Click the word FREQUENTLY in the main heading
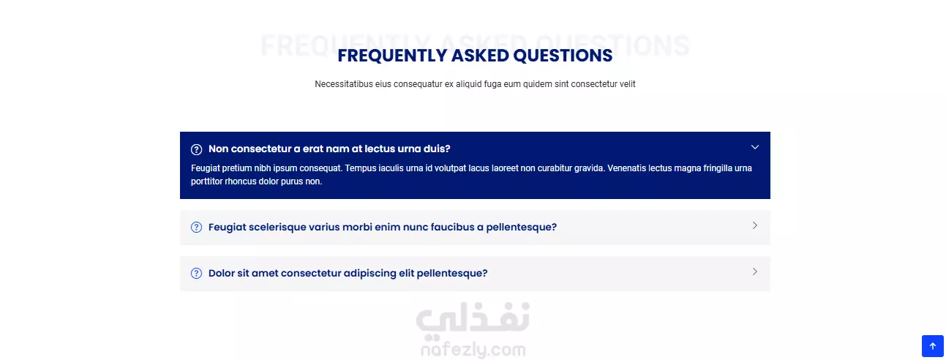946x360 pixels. pyautogui.click(x=392, y=56)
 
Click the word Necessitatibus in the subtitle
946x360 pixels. pyautogui.click(x=344, y=84)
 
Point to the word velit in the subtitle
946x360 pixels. pyautogui.click(x=627, y=84)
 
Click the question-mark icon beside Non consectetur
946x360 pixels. pyautogui.click(x=196, y=149)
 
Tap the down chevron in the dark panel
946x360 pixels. pyautogui.click(x=755, y=147)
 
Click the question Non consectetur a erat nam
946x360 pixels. pyautogui.click(x=329, y=149)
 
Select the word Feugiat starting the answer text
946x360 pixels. pyautogui.click(x=206, y=168)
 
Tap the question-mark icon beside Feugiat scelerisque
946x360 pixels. pyautogui.click(x=196, y=228)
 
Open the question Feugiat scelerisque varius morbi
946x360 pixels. pyautogui.click(x=383, y=227)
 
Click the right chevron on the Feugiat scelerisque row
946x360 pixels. pyautogui.click(x=755, y=225)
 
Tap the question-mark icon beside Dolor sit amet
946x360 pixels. pyautogui.click(x=196, y=274)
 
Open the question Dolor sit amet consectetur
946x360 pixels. pyautogui.click(x=348, y=273)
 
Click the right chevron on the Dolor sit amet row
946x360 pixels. pyautogui.click(x=755, y=271)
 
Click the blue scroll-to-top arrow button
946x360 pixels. pyautogui.click(x=933, y=346)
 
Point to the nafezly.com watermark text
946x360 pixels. pyautogui.click(x=473, y=350)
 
